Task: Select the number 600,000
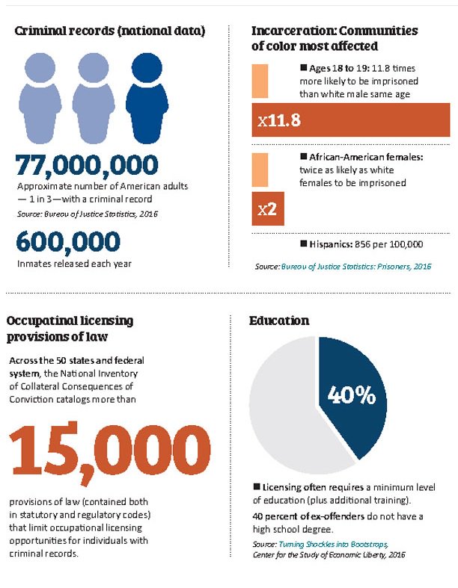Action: tap(67, 242)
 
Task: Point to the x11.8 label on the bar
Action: tap(279, 120)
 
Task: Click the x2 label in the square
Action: tap(267, 209)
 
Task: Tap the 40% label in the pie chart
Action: tap(350, 395)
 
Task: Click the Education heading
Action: tap(279, 321)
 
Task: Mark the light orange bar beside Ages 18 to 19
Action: tap(260, 81)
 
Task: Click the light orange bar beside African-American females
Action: tap(260, 170)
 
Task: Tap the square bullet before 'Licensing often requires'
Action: tap(257, 488)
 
